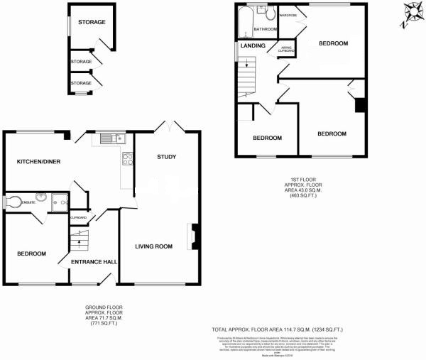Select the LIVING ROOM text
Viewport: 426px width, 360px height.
pos(155,247)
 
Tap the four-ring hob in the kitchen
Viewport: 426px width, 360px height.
pos(128,159)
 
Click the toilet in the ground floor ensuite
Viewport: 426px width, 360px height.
pos(9,202)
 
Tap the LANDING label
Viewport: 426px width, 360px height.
pos(253,46)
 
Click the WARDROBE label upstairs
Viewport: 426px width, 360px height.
pos(288,15)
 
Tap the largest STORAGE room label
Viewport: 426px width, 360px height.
pos(92,23)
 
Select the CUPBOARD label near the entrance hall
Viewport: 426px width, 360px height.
pos(77,217)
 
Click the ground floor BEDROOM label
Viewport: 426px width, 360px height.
pos(32,254)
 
